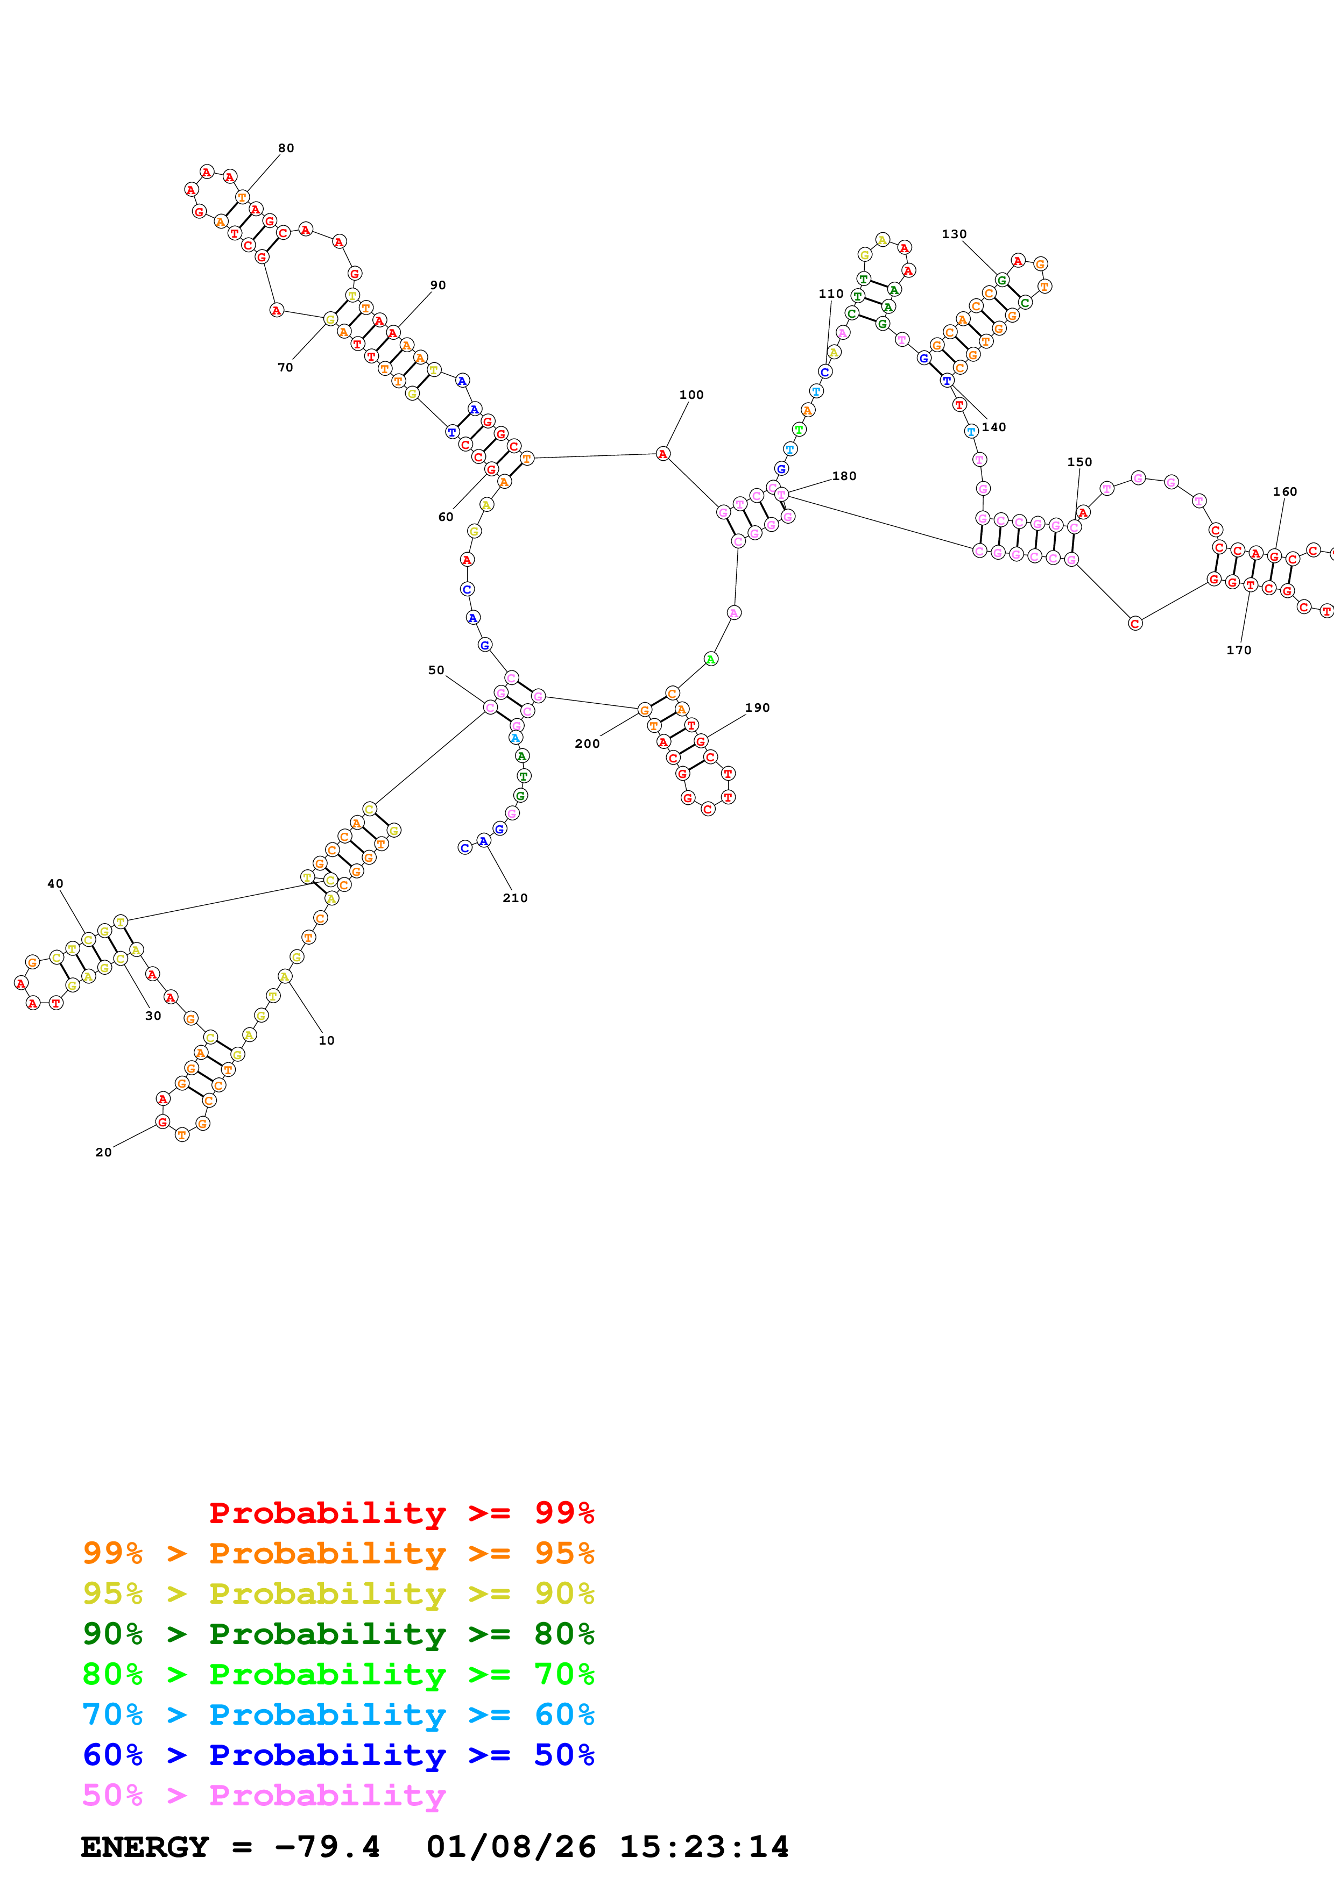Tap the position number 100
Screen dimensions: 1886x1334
(x=691, y=395)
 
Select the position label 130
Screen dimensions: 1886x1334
(x=954, y=234)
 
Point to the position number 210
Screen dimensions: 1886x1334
(x=516, y=898)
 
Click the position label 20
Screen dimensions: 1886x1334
(x=103, y=1153)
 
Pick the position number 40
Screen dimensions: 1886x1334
(x=55, y=884)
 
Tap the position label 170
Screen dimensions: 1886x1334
(x=1239, y=650)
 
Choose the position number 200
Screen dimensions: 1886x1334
(x=587, y=744)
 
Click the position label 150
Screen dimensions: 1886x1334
(x=1080, y=462)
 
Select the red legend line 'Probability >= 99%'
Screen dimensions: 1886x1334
(x=402, y=1512)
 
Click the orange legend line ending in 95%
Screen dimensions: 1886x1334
(x=338, y=1553)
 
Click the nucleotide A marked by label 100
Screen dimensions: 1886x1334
(x=662, y=453)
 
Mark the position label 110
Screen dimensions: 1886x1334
(x=831, y=294)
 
